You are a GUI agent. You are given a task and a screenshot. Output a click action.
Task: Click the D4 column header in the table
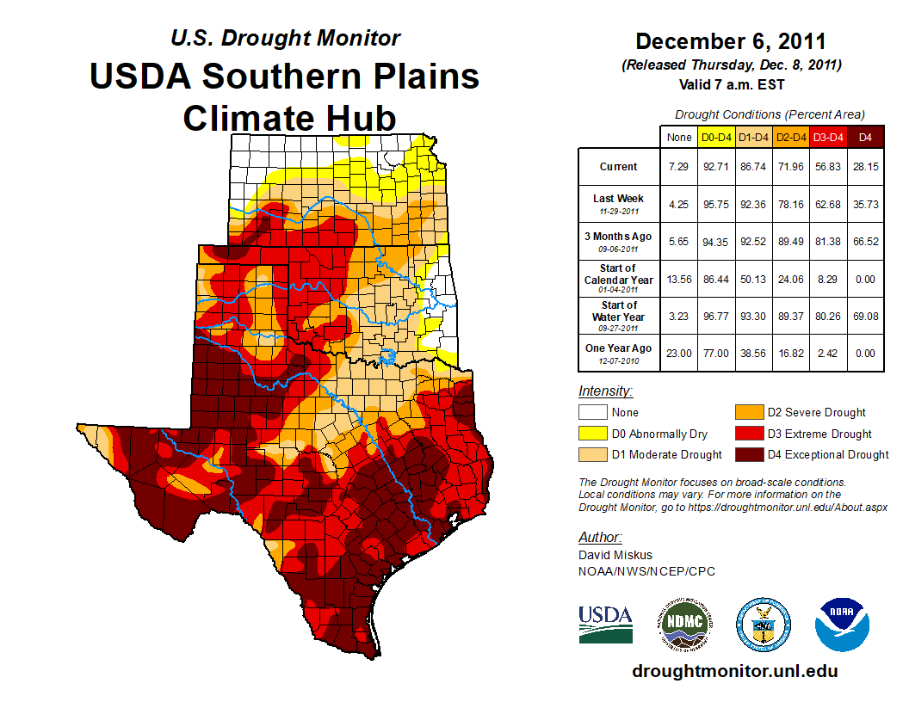point(865,137)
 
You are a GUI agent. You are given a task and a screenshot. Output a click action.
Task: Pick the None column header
point(679,137)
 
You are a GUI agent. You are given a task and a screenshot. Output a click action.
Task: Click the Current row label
point(619,167)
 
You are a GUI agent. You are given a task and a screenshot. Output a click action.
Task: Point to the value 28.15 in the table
point(865,167)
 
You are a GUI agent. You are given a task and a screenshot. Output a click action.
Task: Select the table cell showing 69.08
point(865,316)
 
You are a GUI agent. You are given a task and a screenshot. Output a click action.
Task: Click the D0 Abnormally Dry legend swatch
point(591,434)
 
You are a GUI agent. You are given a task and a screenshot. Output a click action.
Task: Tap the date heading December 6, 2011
point(731,41)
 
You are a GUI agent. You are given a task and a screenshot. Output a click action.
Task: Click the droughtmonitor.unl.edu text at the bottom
point(734,671)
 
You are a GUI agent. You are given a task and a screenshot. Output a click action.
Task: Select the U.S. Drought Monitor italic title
point(285,38)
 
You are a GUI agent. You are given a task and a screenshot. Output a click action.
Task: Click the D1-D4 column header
point(753,137)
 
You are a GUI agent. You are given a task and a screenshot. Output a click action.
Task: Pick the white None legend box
point(591,412)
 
